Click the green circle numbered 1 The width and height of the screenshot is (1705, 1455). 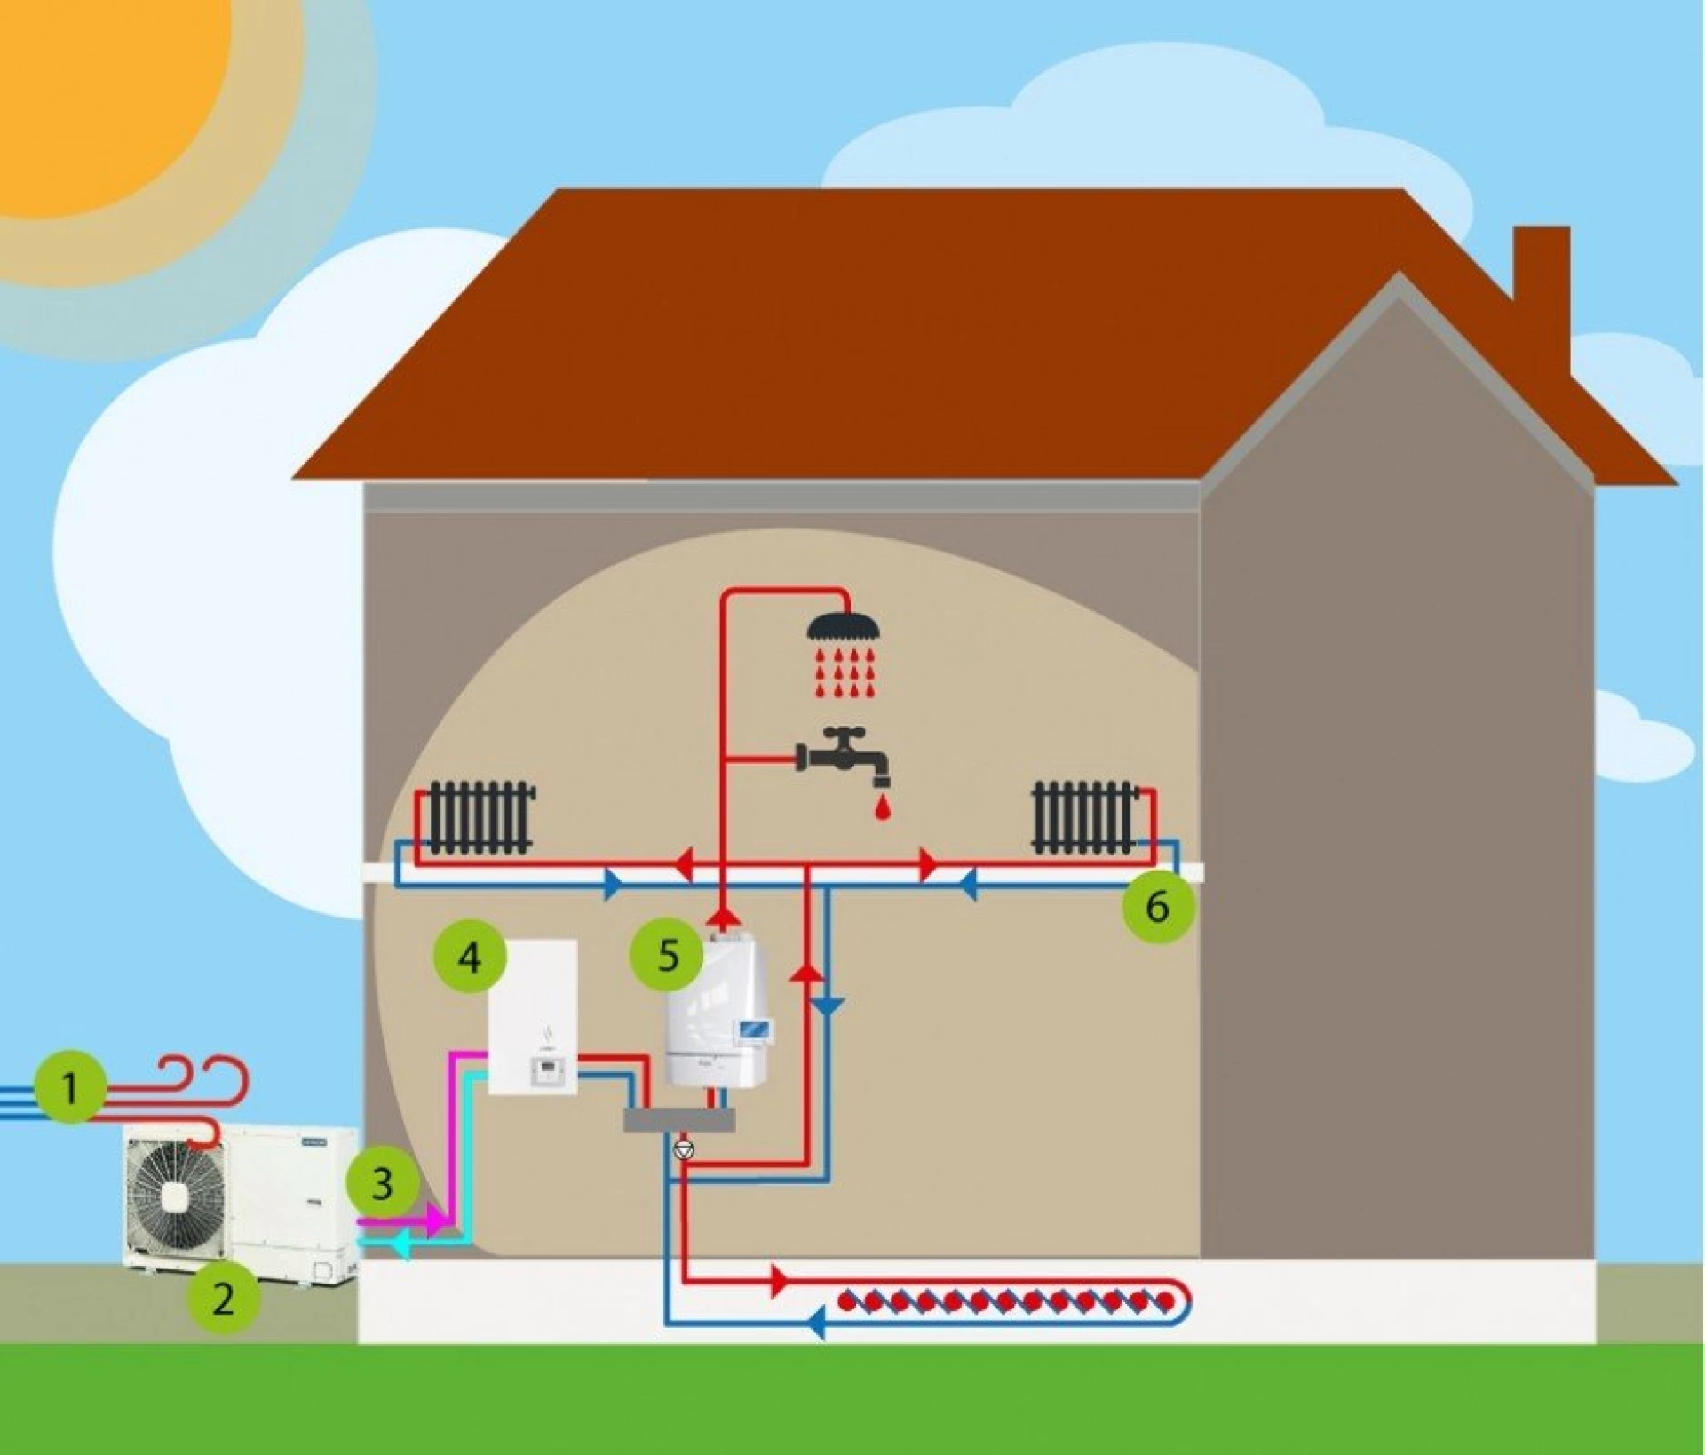point(71,1086)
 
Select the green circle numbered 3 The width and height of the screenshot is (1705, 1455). point(382,1183)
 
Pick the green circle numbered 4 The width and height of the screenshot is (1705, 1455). point(470,957)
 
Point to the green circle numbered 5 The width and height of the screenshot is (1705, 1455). point(667,955)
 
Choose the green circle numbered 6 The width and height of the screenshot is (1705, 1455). point(1157,906)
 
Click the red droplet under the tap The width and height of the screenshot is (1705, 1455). point(882,808)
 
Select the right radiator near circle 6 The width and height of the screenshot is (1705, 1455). point(1084,817)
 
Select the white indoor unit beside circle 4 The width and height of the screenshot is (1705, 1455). point(533,1017)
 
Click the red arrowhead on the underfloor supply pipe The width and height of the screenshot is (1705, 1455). point(780,1281)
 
